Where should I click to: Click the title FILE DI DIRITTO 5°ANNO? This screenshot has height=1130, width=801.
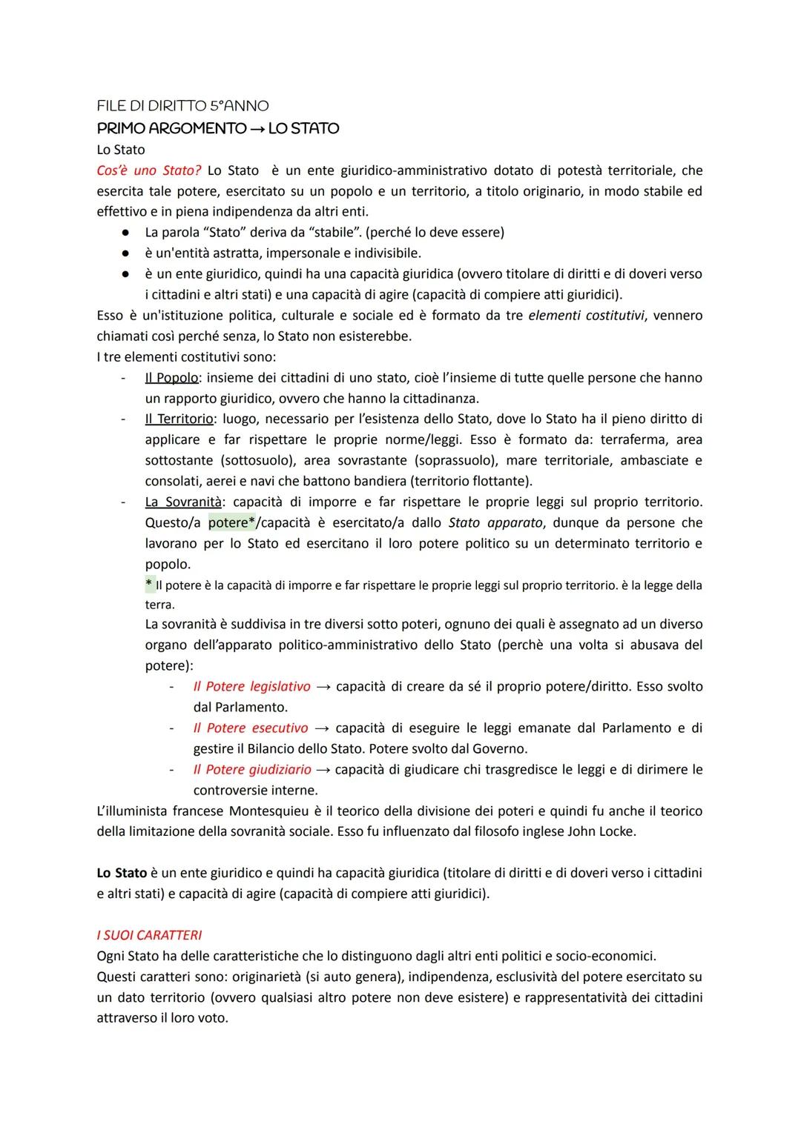tap(182, 106)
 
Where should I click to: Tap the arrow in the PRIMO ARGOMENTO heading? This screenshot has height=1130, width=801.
tap(257, 129)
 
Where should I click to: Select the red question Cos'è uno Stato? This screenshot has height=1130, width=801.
tap(149, 170)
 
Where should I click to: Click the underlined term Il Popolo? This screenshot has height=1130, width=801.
tap(171, 378)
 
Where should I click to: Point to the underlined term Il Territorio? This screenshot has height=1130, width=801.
tap(179, 419)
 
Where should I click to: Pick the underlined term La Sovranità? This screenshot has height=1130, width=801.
tap(183, 502)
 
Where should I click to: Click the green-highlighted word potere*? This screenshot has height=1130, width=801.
tap(231, 523)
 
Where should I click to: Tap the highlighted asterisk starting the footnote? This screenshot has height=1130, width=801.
tap(149, 585)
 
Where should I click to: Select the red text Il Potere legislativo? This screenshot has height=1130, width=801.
tap(251, 687)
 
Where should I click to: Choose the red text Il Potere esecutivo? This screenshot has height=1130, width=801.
tap(250, 728)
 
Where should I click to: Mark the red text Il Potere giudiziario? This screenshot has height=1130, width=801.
tap(251, 770)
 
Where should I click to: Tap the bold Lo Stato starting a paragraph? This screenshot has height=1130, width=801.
tap(122, 873)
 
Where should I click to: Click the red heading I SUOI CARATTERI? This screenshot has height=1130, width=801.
tap(149, 935)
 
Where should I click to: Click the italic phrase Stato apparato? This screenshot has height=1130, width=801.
tap(495, 523)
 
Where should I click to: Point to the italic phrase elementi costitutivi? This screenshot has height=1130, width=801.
tap(586, 316)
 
